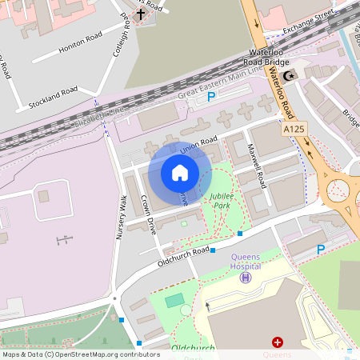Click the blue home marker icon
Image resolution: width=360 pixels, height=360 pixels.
click(180, 172)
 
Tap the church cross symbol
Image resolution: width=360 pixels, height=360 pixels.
click(141, 14)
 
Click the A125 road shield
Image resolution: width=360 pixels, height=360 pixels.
click(294, 128)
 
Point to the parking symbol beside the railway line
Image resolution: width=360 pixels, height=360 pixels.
click(211, 97)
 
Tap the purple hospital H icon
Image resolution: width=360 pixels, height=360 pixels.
click(246, 277)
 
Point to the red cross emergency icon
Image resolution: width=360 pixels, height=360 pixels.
click(278, 342)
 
